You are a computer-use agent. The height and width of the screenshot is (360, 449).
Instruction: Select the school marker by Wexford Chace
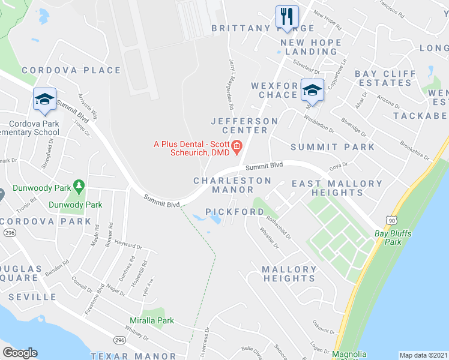click(312, 90)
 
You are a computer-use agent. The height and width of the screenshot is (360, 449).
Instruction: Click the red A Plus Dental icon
click(237, 145)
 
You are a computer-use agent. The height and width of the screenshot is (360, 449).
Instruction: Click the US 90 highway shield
click(391, 220)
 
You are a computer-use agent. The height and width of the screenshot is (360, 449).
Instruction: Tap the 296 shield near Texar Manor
click(119, 341)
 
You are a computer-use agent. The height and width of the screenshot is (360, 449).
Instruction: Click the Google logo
click(20, 353)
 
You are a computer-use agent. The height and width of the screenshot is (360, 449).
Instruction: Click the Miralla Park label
click(152, 320)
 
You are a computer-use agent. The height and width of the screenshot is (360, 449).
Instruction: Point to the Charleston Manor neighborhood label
click(232, 185)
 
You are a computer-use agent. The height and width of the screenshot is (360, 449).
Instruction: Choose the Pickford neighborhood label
click(234, 212)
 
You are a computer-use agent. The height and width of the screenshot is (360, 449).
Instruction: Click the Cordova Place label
click(71, 70)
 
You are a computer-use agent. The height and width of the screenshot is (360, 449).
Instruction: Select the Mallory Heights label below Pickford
click(289, 274)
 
